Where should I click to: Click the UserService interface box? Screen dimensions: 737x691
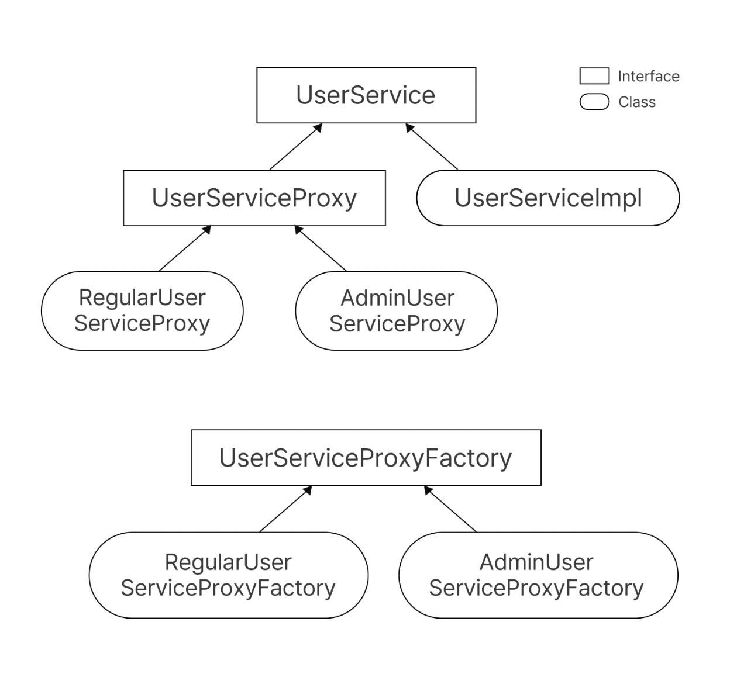point(366,95)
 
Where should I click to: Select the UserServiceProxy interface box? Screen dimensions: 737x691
point(254,198)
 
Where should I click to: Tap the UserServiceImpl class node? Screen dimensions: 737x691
point(548,198)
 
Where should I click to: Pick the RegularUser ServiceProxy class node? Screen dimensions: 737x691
point(142,311)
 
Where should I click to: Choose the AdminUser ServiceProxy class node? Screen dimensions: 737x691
point(397,311)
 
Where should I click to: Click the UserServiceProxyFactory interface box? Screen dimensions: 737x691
point(366,457)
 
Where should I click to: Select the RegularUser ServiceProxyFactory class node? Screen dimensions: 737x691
point(229,575)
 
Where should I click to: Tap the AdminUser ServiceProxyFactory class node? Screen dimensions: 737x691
point(539,575)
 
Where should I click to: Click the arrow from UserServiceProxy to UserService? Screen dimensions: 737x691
point(296,147)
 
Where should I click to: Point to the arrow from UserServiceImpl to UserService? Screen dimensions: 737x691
point(432,147)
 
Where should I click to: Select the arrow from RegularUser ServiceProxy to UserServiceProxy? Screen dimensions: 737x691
point(185,248)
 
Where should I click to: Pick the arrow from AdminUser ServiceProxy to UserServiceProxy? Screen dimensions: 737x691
point(321,248)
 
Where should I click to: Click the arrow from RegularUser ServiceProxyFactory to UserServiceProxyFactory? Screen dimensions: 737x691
point(286,509)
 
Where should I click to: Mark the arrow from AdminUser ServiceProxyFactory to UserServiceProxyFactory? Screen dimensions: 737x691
point(450,509)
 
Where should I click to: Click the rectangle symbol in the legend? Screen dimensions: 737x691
point(594,76)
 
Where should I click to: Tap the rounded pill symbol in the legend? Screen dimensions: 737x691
point(594,102)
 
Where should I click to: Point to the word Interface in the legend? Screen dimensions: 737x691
point(649,77)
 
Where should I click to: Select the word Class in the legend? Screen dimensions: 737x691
point(637,102)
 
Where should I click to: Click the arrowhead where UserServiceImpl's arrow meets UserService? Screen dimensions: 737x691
point(409,127)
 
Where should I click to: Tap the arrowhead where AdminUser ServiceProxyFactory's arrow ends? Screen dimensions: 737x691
point(428,489)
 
